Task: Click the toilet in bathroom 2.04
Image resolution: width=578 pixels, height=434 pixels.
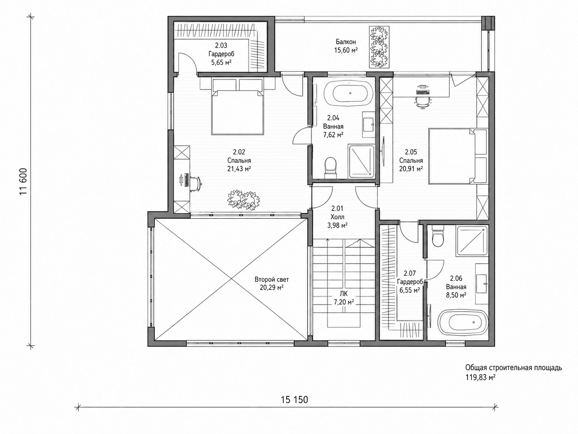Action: click(331, 167)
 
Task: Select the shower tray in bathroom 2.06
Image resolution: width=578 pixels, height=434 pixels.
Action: click(472, 241)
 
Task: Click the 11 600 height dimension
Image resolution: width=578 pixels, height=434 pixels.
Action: click(24, 181)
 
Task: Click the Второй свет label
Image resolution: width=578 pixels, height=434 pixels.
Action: click(271, 279)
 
